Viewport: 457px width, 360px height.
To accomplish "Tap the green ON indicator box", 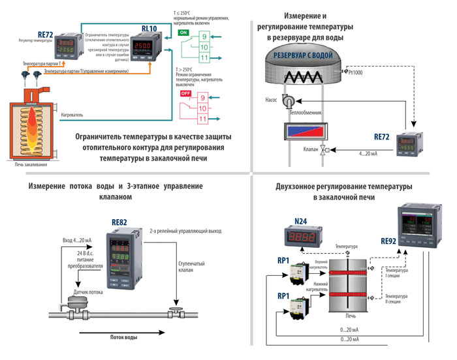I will click(x=183, y=31).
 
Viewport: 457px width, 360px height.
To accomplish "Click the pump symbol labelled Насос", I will click(x=288, y=100).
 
